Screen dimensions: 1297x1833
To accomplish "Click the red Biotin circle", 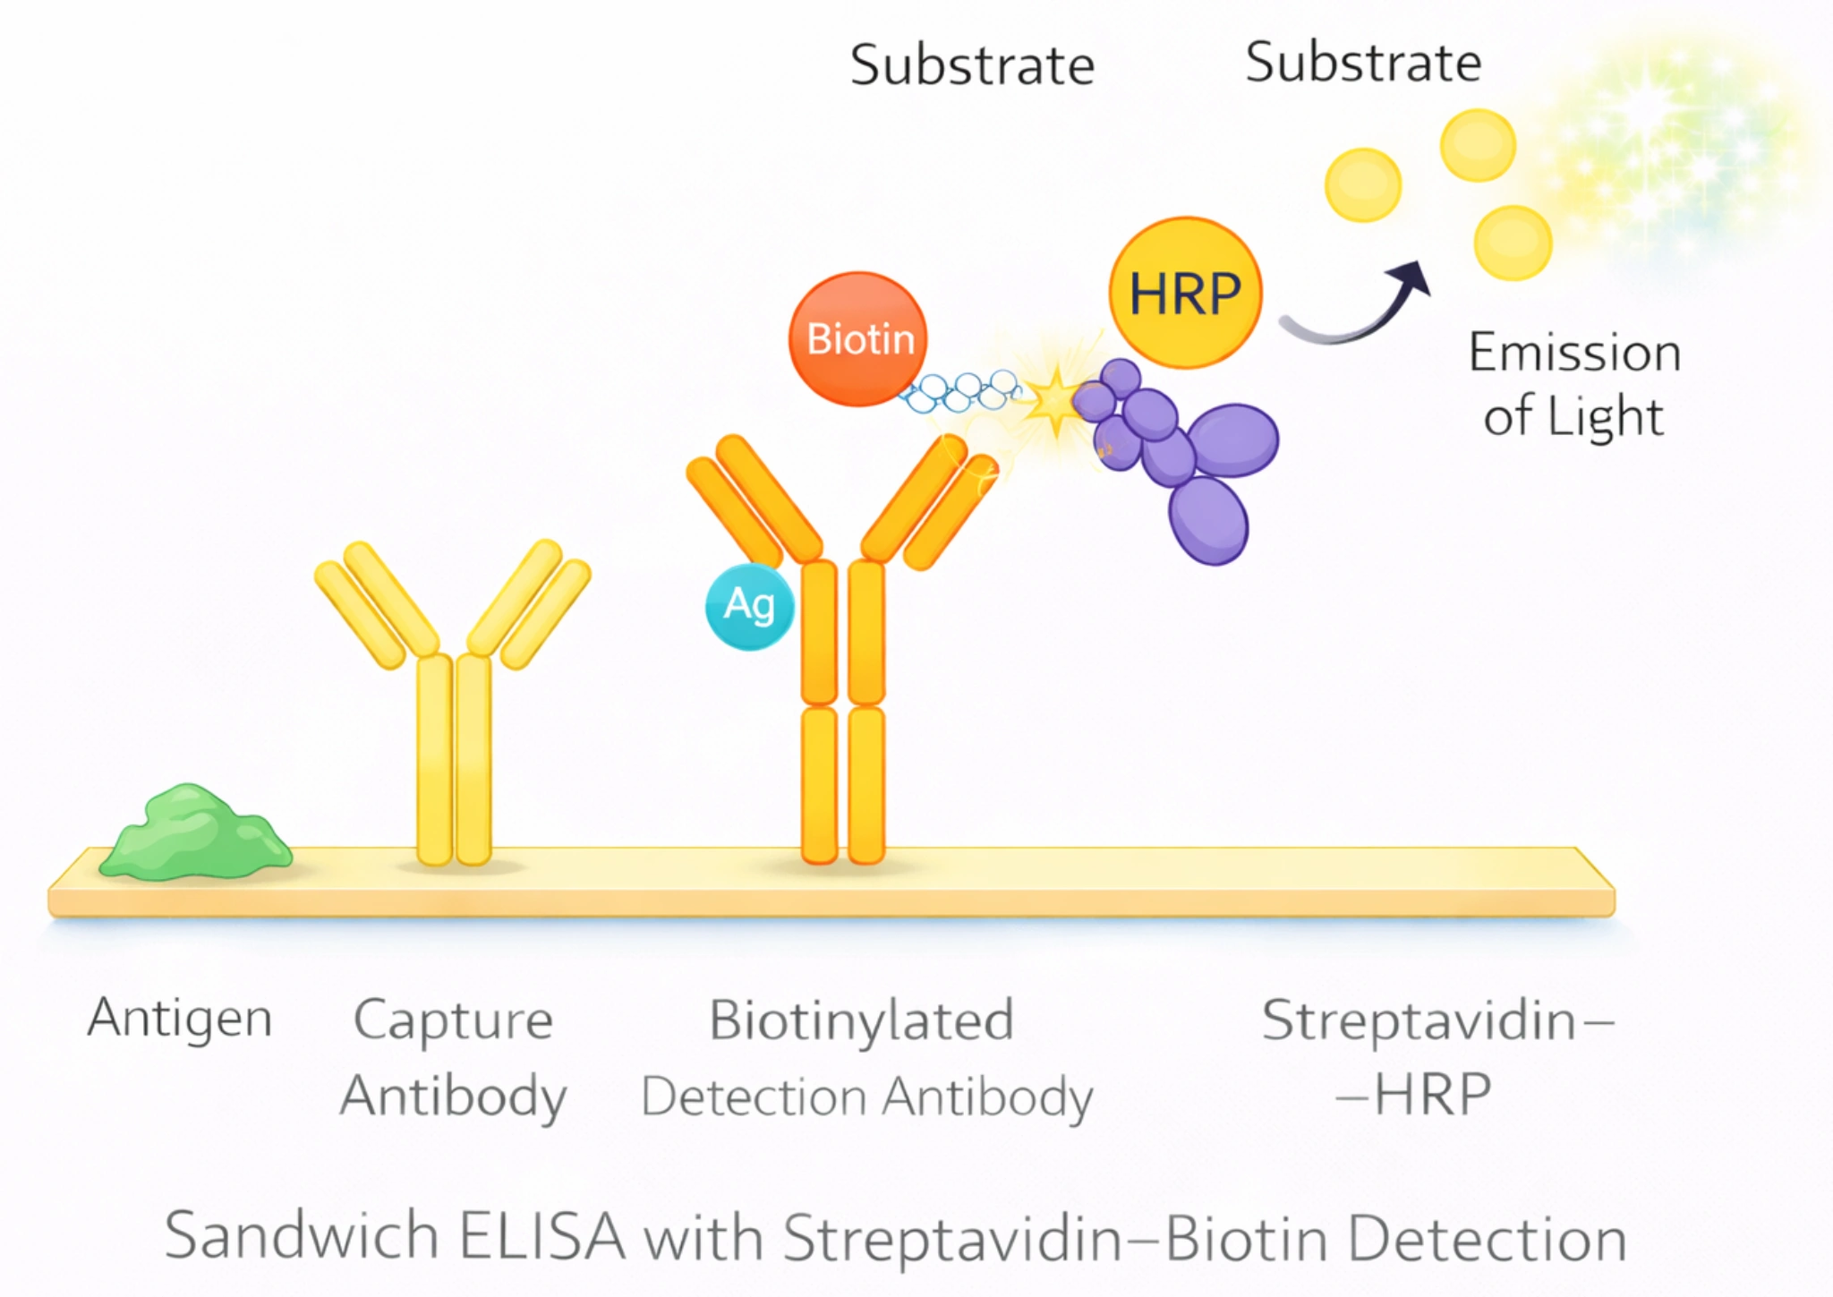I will click(857, 338).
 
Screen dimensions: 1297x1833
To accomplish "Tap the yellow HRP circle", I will click(1185, 293).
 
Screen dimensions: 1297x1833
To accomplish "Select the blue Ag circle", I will click(749, 606).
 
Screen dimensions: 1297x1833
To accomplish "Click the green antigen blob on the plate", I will click(195, 834).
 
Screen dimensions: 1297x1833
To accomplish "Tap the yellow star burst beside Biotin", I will click(1056, 401).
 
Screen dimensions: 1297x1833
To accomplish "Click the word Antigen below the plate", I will click(180, 1019).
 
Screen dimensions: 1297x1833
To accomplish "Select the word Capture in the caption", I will click(453, 1020).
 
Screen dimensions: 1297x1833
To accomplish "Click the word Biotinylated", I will click(861, 1020).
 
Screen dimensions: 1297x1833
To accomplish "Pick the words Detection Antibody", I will click(866, 1097).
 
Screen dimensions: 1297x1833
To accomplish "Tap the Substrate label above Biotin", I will click(972, 65).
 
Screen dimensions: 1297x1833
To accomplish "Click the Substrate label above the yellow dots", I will click(1362, 63).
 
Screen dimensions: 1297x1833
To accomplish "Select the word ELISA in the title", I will click(541, 1237).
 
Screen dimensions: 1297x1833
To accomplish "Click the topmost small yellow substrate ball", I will click(1477, 145).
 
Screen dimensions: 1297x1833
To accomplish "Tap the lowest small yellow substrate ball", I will click(1512, 243).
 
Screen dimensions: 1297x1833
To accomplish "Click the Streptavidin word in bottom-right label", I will click(1419, 1020).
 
